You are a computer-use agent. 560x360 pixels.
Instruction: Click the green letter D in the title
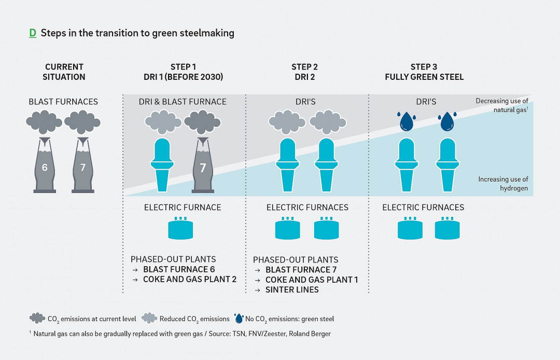pyautogui.click(x=33, y=33)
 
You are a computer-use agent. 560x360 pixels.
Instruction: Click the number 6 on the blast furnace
pyautogui.click(x=45, y=168)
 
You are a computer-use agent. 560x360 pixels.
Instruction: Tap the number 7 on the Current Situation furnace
pyautogui.click(x=82, y=168)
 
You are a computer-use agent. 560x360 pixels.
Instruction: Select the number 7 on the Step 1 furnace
pyautogui.click(x=202, y=168)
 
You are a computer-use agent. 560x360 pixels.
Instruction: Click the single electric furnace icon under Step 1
pyautogui.click(x=183, y=228)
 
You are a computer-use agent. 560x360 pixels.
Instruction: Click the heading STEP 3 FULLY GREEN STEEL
pyautogui.click(x=424, y=72)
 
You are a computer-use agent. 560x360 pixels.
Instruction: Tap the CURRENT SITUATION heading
pyautogui.click(x=64, y=72)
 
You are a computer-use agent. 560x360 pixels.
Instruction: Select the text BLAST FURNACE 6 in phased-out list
pyautogui.click(x=179, y=269)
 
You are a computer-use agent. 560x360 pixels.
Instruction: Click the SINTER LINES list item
pyautogui.click(x=292, y=289)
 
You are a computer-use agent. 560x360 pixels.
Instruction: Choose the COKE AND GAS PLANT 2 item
pyautogui.click(x=190, y=279)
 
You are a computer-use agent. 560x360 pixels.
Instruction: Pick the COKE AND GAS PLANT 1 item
pyautogui.click(x=312, y=280)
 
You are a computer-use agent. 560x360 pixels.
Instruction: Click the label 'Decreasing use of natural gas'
pyautogui.click(x=501, y=105)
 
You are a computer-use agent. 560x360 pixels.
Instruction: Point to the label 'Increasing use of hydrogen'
pyautogui.click(x=503, y=184)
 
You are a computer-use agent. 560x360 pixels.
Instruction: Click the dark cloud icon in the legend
pyautogui.click(x=37, y=318)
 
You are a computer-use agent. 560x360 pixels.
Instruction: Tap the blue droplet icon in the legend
pyautogui.click(x=239, y=318)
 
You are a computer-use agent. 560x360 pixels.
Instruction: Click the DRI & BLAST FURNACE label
pyautogui.click(x=183, y=102)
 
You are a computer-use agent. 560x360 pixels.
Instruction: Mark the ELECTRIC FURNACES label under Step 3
pyautogui.click(x=423, y=207)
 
